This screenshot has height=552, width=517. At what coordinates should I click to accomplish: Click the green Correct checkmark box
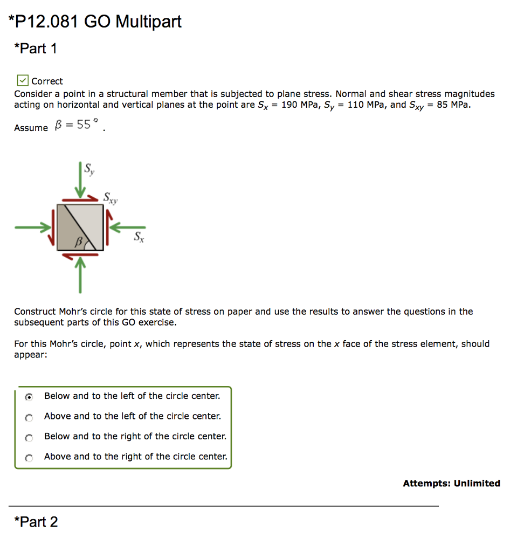coord(22,81)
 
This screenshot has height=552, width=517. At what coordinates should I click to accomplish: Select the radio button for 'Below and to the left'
coord(29,397)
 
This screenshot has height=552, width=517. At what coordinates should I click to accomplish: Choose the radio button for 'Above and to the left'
coord(29,417)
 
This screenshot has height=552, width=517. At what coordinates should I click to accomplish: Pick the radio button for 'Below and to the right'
coord(29,437)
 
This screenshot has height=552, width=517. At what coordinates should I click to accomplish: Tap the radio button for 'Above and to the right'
coord(29,458)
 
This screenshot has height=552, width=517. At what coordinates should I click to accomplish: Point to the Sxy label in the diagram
coord(111,198)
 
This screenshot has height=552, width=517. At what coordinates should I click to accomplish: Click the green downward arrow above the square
coord(80,181)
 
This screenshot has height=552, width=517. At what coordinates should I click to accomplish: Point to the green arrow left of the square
coord(32,227)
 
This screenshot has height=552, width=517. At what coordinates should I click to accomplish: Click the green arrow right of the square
coord(129,227)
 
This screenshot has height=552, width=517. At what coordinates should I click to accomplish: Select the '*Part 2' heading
coord(36,522)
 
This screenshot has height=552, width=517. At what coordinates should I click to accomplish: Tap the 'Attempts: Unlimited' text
coord(451,484)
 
